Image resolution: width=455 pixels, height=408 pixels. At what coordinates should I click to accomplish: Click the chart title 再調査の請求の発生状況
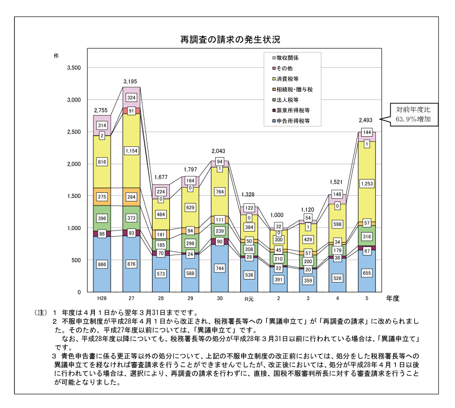(230, 39)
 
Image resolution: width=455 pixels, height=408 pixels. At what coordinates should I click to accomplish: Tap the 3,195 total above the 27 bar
(132, 82)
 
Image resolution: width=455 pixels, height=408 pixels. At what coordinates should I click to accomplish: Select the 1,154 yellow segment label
(132, 151)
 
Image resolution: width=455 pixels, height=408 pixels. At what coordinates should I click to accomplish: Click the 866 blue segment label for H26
(102, 265)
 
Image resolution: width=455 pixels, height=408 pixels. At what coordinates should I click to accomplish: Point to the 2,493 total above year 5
(366, 120)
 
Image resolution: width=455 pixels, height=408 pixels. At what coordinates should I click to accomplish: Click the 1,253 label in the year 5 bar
(366, 184)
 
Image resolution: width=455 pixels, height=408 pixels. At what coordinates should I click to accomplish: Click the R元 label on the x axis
(248, 298)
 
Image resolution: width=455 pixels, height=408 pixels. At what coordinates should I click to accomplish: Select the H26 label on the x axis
(102, 298)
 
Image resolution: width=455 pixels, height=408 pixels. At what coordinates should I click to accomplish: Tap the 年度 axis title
(393, 297)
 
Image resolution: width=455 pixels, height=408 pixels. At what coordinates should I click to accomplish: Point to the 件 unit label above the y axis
(56, 55)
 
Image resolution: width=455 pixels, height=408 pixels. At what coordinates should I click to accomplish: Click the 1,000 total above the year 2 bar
(278, 215)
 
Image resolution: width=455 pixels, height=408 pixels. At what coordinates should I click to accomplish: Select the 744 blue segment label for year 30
(219, 268)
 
